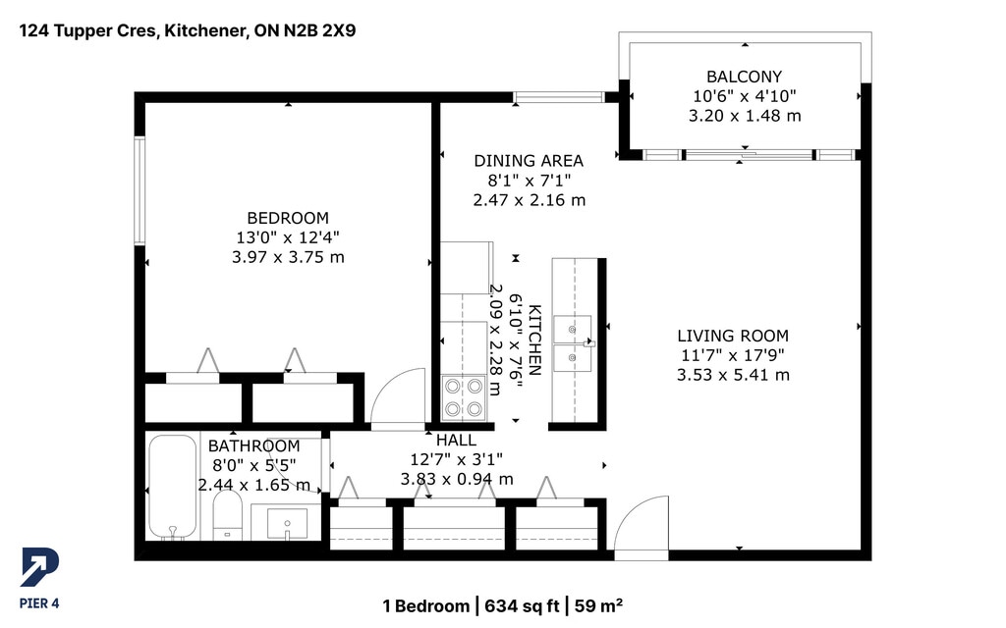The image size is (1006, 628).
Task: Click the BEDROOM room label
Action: (x=288, y=218)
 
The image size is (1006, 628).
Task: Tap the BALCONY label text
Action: (x=745, y=77)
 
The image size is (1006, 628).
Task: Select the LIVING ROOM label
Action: (x=733, y=336)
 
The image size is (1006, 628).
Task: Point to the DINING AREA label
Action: (x=529, y=161)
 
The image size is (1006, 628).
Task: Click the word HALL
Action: (x=456, y=441)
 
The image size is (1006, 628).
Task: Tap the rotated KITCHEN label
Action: (x=534, y=340)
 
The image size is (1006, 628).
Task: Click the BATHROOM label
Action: (x=254, y=446)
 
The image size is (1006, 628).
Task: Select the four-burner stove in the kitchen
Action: (x=464, y=398)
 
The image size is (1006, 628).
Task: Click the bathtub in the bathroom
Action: (x=173, y=487)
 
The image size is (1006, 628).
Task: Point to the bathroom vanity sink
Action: (x=287, y=524)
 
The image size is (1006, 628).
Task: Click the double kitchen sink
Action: (x=573, y=343)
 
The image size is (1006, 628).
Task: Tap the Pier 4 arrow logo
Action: (x=39, y=567)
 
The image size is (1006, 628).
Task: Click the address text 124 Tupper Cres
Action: (x=88, y=30)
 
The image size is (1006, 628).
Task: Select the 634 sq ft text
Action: (x=522, y=605)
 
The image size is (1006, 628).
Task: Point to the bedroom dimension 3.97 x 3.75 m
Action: (x=288, y=258)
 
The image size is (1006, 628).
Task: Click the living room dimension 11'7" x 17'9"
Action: (x=733, y=355)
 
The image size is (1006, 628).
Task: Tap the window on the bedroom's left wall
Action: (x=140, y=190)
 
